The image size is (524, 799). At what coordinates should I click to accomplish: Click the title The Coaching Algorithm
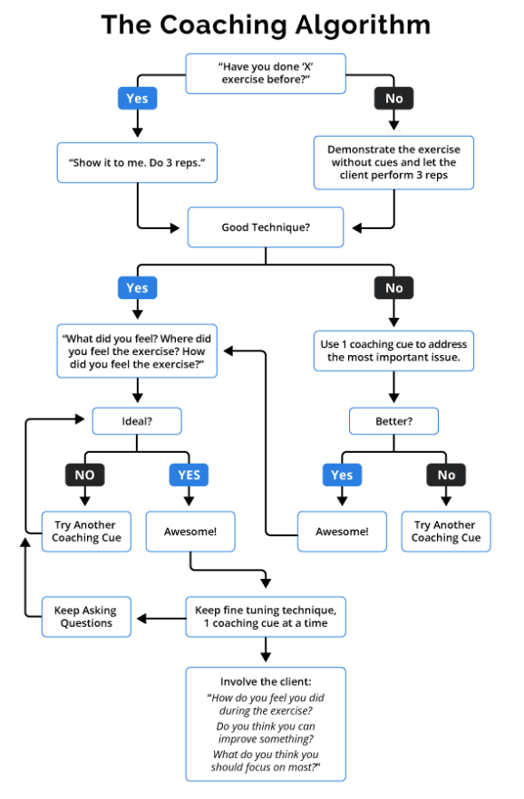[264, 24]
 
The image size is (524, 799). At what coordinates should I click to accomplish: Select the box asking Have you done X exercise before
[265, 73]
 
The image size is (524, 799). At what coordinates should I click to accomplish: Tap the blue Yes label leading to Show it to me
[137, 97]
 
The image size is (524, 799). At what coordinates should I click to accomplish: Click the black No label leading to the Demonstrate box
[393, 98]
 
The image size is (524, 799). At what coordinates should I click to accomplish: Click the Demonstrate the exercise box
[393, 162]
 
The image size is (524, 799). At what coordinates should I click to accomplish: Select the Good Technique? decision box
[265, 226]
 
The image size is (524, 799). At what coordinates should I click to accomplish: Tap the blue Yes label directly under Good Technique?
[137, 288]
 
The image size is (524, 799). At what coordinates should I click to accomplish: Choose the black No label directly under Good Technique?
[393, 288]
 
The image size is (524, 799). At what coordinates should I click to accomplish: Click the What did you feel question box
[137, 351]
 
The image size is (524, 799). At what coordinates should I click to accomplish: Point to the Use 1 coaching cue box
[393, 351]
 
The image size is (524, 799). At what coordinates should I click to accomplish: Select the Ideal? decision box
[137, 421]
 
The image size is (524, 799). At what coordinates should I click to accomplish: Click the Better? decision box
[393, 421]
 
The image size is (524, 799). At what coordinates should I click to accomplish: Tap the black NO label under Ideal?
[84, 475]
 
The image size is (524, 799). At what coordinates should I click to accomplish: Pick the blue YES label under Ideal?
[189, 475]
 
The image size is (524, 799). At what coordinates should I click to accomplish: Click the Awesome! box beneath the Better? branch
[342, 531]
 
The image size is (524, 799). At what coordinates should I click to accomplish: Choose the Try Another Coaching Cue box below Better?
[445, 531]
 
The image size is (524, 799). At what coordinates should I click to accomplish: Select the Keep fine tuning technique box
[265, 616]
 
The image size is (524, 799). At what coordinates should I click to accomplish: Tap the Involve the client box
[265, 724]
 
